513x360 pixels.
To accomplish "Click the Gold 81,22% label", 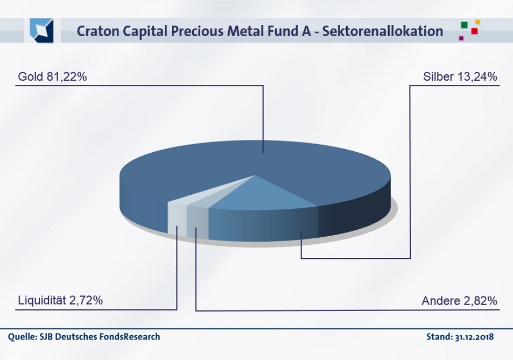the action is tap(52, 76).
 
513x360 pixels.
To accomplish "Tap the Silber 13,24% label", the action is tap(460, 76).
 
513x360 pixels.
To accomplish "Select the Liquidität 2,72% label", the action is tap(60, 300).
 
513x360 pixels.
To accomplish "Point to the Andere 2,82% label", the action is tap(459, 300).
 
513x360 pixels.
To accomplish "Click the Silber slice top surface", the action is tap(262, 195).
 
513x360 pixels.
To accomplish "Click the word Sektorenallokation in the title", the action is tap(382, 31).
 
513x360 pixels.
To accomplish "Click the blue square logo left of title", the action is tap(41, 31).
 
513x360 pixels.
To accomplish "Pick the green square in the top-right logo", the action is tap(464, 25).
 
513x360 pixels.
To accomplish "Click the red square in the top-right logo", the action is tap(474, 31).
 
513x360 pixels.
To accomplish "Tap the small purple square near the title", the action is tap(461, 38).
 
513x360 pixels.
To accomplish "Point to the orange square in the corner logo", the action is tap(477, 22).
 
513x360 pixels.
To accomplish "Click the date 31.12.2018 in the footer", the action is tap(474, 337).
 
